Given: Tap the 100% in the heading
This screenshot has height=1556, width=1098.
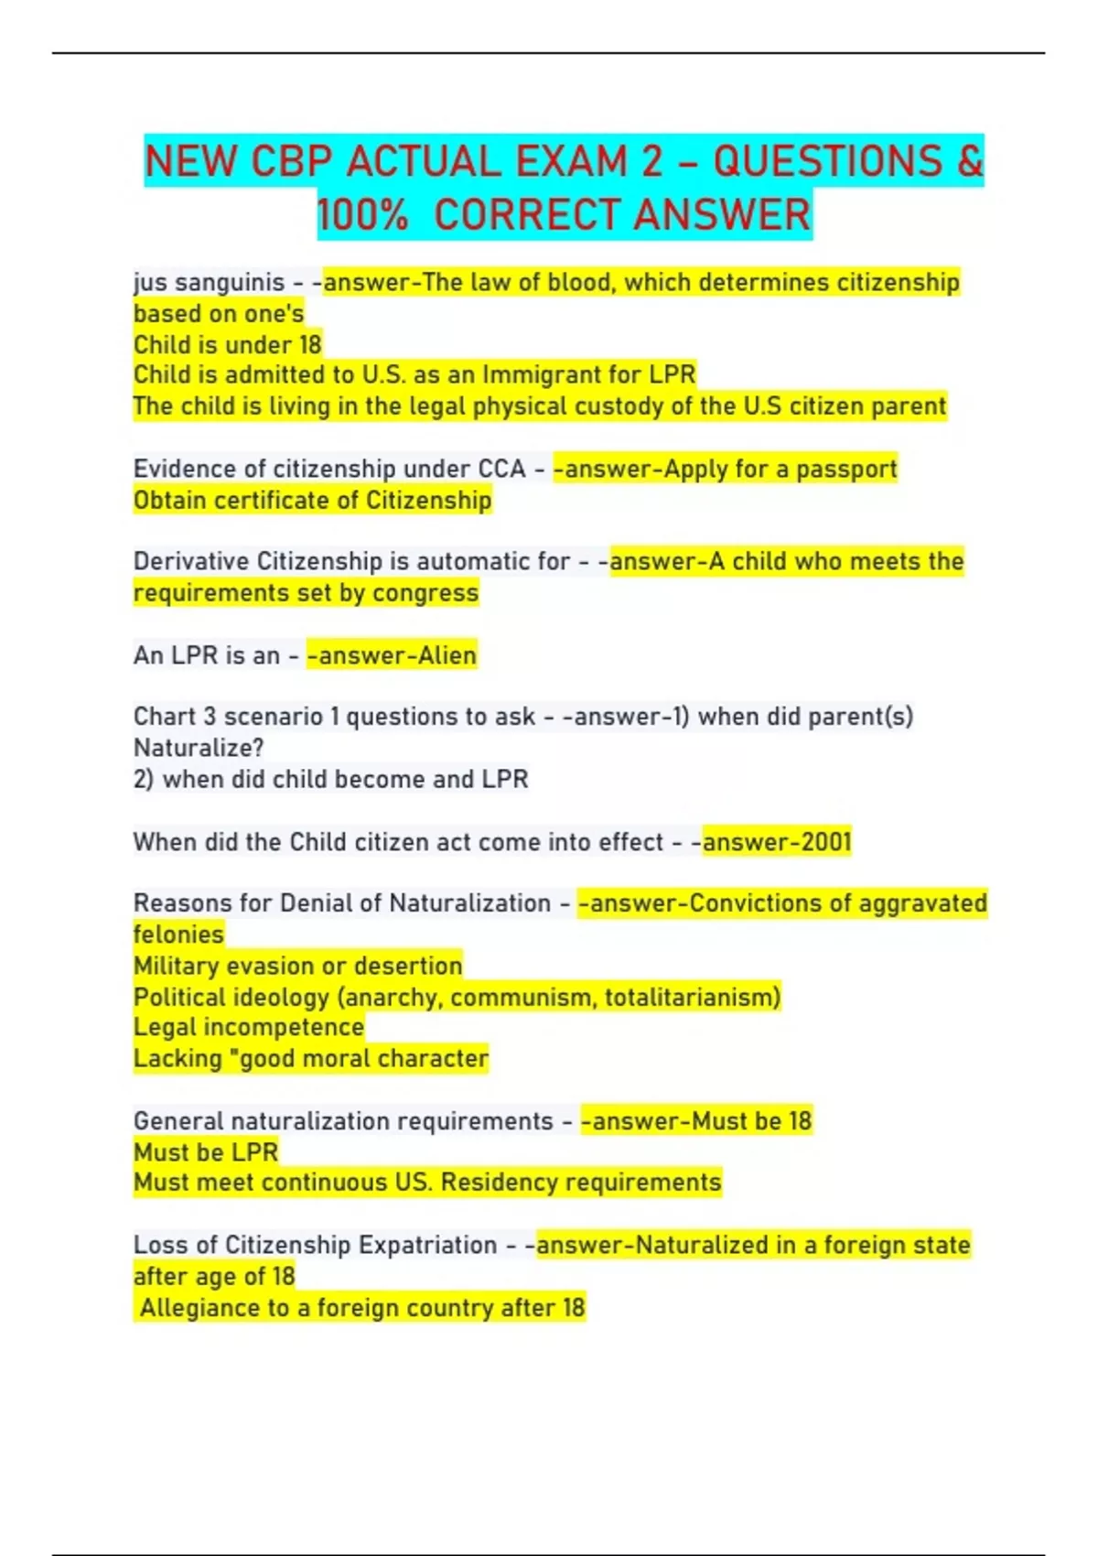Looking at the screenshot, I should pyautogui.click(x=362, y=215).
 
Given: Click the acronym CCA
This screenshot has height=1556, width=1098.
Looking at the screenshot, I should pyautogui.click(x=501, y=469).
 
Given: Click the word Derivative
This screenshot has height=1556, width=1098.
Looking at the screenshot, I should pyautogui.click(x=191, y=561).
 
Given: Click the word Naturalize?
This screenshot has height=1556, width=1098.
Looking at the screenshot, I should pyautogui.click(x=199, y=748).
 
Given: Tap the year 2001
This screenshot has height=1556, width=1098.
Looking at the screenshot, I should pyautogui.click(x=822, y=841).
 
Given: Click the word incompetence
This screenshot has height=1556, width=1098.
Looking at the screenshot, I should pyautogui.click(x=284, y=1027).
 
